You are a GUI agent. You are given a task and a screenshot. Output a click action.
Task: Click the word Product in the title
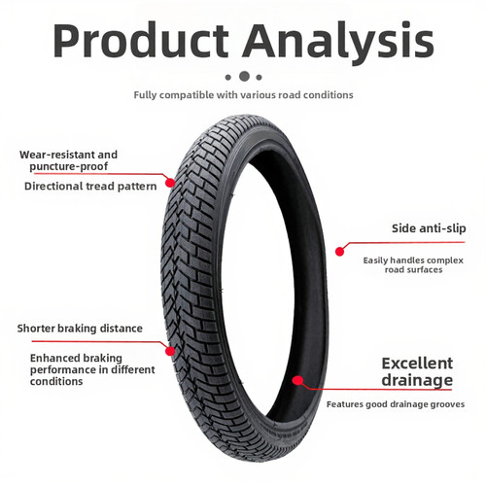tap(141, 41)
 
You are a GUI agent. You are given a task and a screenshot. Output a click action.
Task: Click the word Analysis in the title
tap(339, 43)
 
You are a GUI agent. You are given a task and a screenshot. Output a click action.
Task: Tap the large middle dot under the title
tap(244, 77)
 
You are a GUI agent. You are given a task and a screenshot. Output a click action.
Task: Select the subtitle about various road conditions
tap(243, 95)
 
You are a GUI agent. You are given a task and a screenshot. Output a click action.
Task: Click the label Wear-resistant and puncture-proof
tap(68, 160)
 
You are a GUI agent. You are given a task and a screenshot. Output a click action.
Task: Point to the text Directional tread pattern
tap(90, 187)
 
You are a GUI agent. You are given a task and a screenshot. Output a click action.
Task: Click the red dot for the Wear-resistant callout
tap(170, 183)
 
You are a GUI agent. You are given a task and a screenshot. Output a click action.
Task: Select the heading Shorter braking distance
tap(80, 329)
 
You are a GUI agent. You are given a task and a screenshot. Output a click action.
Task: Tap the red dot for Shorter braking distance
tap(170, 351)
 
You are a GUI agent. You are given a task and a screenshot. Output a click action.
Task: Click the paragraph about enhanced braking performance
tap(92, 369)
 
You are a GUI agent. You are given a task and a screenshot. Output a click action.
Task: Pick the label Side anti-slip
tap(429, 228)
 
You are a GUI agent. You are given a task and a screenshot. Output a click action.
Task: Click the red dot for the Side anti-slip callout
tap(339, 252)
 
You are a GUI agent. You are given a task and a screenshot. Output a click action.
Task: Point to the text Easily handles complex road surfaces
tap(413, 265)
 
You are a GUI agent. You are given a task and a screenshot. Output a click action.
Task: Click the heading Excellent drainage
tap(417, 372)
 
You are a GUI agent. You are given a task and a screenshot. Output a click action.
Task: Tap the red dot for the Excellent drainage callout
tap(297, 380)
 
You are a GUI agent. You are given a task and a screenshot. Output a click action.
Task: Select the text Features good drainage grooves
tap(396, 404)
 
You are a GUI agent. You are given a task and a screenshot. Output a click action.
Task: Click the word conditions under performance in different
tap(56, 381)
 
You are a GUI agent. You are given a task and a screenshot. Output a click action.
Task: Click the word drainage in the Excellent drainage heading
tap(417, 380)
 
